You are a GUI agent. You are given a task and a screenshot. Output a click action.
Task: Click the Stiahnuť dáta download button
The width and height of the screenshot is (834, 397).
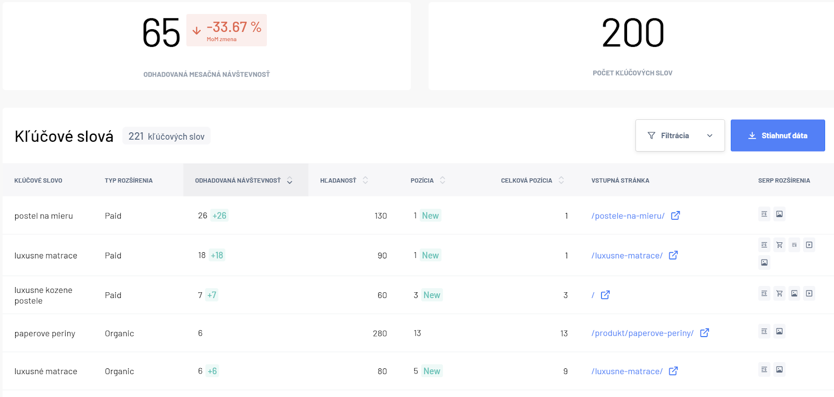click(777, 135)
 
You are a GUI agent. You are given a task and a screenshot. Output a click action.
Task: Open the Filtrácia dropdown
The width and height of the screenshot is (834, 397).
click(680, 135)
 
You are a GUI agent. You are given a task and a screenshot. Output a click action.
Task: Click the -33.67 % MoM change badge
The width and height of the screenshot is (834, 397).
click(226, 30)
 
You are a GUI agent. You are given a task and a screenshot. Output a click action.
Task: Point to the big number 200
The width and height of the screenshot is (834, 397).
click(633, 33)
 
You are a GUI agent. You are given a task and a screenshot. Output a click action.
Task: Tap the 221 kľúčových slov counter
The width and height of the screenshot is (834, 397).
click(166, 136)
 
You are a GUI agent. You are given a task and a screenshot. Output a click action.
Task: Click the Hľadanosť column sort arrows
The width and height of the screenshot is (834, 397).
click(365, 180)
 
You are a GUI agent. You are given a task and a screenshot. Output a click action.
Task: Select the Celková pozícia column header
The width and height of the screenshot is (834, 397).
click(526, 180)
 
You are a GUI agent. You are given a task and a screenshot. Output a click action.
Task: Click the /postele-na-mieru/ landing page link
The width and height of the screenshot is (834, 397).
click(628, 216)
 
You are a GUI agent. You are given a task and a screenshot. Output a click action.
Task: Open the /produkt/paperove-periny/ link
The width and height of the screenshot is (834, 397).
click(642, 333)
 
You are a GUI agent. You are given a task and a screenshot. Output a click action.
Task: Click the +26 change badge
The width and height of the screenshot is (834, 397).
click(219, 215)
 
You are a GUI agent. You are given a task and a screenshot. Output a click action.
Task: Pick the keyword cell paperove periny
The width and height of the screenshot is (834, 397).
click(45, 333)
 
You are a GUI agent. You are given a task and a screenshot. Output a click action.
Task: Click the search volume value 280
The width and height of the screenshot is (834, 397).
click(380, 333)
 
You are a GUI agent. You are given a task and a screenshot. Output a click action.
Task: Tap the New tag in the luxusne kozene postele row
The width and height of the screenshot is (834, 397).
click(432, 295)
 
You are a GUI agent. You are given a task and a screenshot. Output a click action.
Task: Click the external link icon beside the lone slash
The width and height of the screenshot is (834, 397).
click(605, 295)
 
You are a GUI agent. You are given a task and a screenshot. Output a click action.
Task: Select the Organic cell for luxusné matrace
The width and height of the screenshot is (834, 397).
click(119, 371)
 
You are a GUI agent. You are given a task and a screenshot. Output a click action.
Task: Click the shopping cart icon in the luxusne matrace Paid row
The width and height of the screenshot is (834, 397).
click(779, 245)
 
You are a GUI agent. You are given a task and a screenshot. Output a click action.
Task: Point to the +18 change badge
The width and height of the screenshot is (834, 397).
click(217, 255)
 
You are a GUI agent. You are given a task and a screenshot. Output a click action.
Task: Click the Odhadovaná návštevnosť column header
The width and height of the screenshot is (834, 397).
click(238, 180)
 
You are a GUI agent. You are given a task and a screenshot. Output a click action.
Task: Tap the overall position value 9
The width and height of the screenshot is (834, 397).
click(565, 371)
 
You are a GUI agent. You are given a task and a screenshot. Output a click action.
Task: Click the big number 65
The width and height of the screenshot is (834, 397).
click(161, 33)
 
